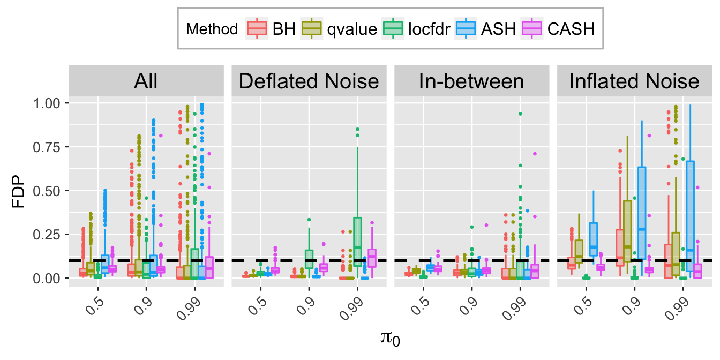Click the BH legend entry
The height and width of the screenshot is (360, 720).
click(271, 29)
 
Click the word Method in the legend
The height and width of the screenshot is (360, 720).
click(212, 29)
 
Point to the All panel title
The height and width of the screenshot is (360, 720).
click(146, 81)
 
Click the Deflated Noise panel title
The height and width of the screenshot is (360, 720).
click(309, 81)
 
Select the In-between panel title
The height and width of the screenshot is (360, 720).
click(471, 81)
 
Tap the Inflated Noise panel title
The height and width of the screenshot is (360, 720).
click(634, 81)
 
